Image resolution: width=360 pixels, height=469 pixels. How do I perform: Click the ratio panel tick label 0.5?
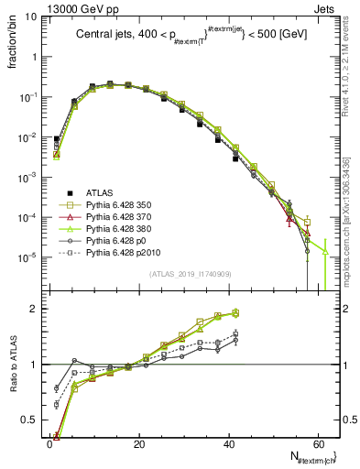click(30, 419)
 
